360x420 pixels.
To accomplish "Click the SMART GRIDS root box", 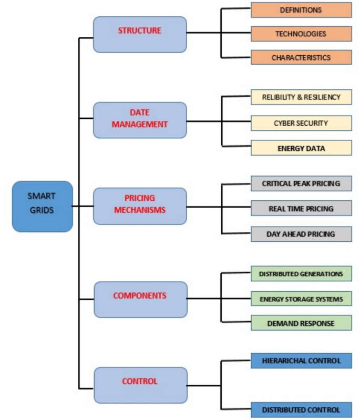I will pos(43,206).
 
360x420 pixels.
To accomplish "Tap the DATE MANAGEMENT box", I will pos(140,120).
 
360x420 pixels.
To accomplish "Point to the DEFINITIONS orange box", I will pos(301,10).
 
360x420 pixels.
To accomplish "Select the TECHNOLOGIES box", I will pos(301,34).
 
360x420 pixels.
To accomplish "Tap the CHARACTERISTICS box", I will pos(301,57).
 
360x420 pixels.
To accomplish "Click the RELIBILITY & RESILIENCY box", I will pos(301,97).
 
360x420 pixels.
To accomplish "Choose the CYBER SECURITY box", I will pos(301,123).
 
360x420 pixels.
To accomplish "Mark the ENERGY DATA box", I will pos(301,148).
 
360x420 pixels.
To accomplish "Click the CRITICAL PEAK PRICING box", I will pos(301,183).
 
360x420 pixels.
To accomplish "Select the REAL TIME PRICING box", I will pos(301,209).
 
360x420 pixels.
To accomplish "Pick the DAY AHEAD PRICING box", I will pos(301,234).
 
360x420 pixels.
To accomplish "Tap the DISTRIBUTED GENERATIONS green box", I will pos(301,274).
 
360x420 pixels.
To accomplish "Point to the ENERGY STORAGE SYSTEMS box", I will pos(301,299).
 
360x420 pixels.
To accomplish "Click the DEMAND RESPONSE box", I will pos(301,323).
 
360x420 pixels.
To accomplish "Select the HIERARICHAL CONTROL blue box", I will pos(301,361).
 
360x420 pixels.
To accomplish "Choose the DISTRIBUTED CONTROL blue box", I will pos(301,409).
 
